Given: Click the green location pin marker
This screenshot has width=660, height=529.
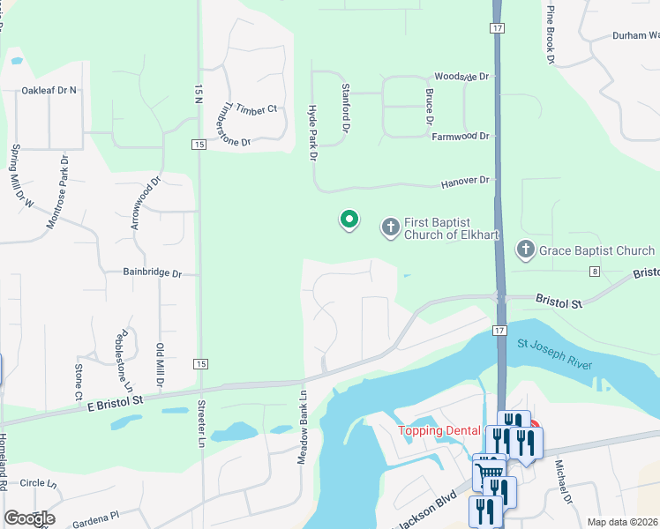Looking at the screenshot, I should tap(349, 220).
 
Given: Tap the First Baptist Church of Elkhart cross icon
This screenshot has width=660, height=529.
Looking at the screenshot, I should tap(390, 228).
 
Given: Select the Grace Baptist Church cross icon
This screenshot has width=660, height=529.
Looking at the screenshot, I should tap(526, 250).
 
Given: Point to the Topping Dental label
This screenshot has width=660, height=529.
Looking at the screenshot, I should tap(439, 430).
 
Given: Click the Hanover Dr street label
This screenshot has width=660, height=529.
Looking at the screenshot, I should tap(465, 181).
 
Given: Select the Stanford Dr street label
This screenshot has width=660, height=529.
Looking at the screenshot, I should tap(346, 108).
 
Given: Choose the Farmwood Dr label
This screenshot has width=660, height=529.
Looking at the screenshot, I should tap(460, 136).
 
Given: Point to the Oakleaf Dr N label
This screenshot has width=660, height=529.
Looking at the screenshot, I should tap(49, 90).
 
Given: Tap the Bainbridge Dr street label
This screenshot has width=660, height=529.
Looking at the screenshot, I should tap(152, 274).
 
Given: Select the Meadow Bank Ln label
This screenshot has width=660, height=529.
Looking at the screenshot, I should tap(301, 428).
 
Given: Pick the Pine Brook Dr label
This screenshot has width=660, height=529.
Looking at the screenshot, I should tap(550, 34).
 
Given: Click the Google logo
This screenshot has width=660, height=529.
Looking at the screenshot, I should tap(29, 518).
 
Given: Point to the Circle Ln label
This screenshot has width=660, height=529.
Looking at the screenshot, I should tap(38, 483).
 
